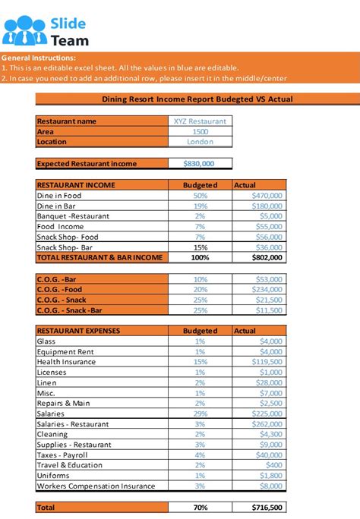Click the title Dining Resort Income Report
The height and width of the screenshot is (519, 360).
(x=197, y=99)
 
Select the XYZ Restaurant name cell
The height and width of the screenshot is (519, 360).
(x=200, y=121)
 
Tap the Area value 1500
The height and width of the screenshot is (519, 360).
(x=200, y=131)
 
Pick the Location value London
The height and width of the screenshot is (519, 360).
(x=200, y=142)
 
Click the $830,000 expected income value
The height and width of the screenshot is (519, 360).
(x=199, y=163)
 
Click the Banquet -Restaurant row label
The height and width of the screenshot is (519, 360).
(x=73, y=216)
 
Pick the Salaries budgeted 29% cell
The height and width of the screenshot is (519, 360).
(x=200, y=414)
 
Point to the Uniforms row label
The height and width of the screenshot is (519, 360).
(x=53, y=476)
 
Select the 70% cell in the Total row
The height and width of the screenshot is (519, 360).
(x=200, y=507)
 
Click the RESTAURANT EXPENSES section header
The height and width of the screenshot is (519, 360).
(x=78, y=331)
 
